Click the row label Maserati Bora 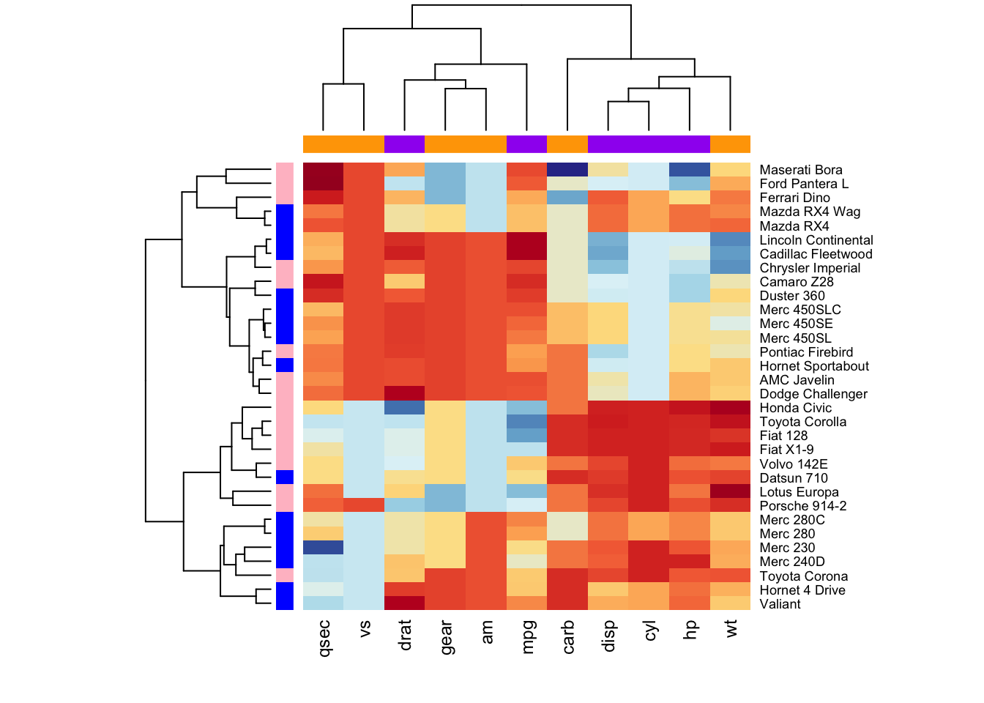click(x=801, y=170)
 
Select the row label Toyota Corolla click(x=802, y=422)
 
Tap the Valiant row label click(x=780, y=604)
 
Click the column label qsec click(x=324, y=636)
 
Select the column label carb click(x=567, y=636)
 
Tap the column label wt click(x=730, y=628)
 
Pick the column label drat click(x=405, y=635)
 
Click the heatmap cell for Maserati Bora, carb click(x=567, y=170)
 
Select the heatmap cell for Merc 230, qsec click(x=323, y=548)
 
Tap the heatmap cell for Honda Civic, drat click(x=404, y=408)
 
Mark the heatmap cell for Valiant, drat click(x=404, y=603)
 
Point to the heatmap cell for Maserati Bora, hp click(x=690, y=170)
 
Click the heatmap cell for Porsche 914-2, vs click(x=364, y=505)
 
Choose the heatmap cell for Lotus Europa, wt click(x=730, y=491)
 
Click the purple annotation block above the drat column click(x=404, y=144)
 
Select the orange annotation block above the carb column click(x=567, y=144)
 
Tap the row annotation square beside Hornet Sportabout click(x=285, y=365)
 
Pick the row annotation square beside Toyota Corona click(x=285, y=576)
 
